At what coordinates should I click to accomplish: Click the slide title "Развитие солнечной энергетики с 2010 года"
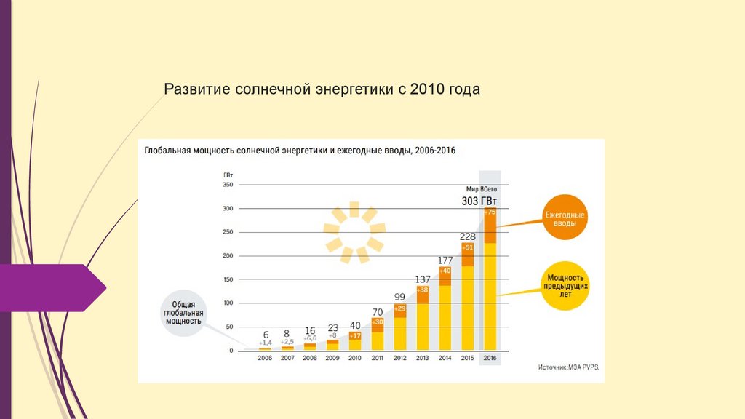(322, 89)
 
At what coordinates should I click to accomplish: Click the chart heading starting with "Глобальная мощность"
(300, 151)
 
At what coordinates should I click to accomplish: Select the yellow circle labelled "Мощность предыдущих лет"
(565, 286)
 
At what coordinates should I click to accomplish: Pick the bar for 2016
(490, 284)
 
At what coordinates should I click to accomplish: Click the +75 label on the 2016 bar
(490, 212)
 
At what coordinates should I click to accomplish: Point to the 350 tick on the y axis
(227, 185)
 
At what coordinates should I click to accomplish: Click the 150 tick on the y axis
(227, 280)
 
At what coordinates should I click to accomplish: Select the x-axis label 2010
(354, 359)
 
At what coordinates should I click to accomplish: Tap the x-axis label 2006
(265, 359)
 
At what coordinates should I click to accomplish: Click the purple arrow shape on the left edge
(51, 288)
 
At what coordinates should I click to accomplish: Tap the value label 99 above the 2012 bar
(399, 297)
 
